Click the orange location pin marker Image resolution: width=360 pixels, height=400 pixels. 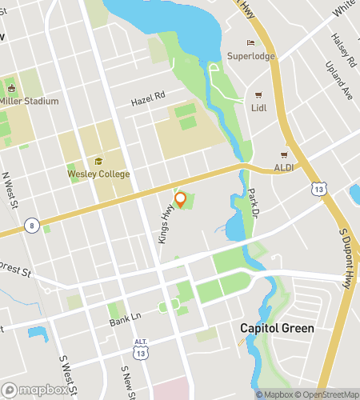coord(181,199)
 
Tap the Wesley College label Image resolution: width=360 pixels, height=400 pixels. coord(98,174)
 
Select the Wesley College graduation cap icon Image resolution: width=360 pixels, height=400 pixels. coord(98,162)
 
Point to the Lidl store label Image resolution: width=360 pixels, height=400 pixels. coord(258,108)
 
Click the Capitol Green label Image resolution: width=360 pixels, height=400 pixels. coord(277,329)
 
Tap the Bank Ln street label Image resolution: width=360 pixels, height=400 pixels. coord(125,318)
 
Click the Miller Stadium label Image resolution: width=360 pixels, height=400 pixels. coord(30,101)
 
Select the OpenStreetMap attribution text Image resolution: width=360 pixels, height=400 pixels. coord(329,394)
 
